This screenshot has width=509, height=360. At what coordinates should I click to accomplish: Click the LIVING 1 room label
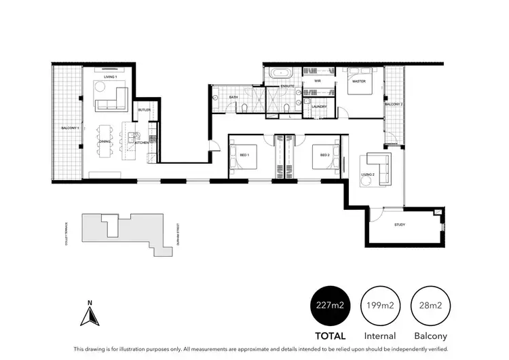110,77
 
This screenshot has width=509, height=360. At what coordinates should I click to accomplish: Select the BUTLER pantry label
144,110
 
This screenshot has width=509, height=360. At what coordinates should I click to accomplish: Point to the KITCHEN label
142,143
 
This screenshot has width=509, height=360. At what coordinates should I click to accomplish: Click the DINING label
105,141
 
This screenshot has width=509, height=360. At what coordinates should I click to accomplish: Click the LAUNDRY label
319,107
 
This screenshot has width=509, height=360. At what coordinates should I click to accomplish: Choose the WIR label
316,81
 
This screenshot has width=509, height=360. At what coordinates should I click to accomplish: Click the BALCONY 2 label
394,105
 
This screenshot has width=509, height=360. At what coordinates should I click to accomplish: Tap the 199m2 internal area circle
380,306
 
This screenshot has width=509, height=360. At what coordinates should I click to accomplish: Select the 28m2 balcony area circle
430,306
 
